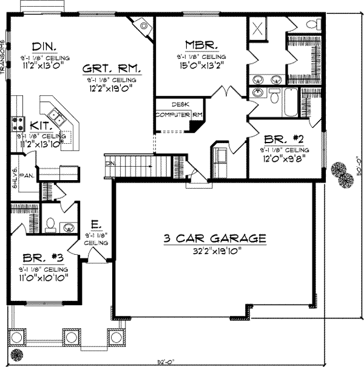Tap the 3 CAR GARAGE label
[215, 238]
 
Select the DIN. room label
[45, 45]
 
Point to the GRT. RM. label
[112, 69]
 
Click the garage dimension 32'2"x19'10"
[215, 250]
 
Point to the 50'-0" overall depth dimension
[358, 180]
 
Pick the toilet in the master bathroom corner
[312, 24]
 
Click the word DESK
[180, 104]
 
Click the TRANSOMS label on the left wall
[3, 58]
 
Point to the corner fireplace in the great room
[144, 25]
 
